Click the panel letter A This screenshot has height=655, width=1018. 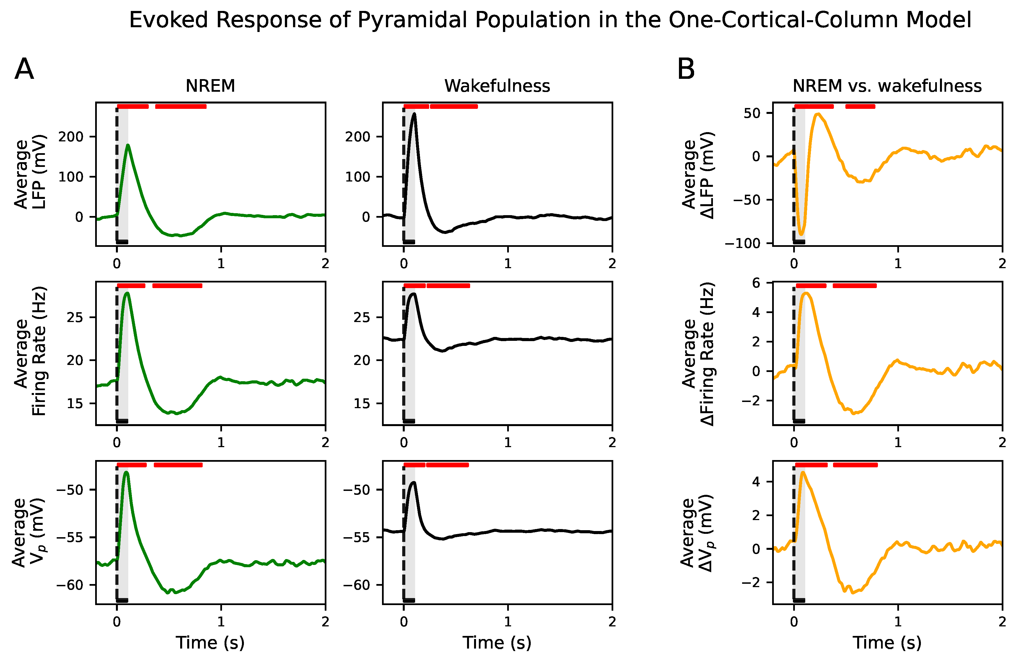coord(24,69)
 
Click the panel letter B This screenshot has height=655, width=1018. coord(686,69)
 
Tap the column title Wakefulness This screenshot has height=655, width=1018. coord(497,86)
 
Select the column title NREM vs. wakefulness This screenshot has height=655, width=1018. coord(887,86)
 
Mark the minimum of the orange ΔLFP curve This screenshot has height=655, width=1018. coord(801,234)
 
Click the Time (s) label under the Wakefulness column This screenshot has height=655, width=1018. coord(497,642)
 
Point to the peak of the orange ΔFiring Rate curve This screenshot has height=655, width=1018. coord(806,293)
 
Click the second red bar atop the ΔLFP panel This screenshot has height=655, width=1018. coord(860,106)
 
